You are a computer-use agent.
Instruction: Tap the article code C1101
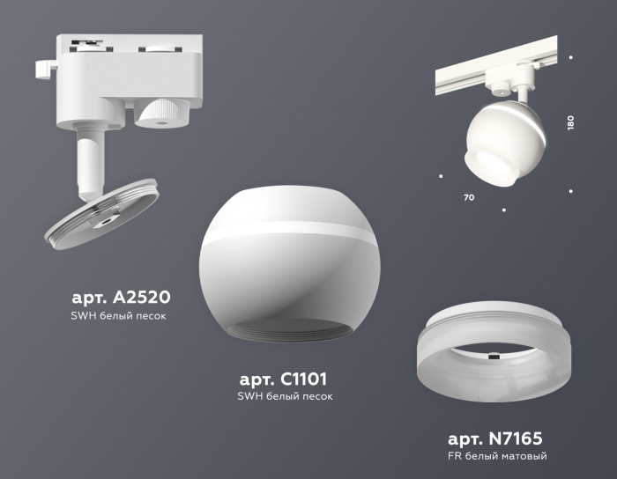(x=284, y=380)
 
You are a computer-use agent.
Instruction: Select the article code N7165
(x=494, y=438)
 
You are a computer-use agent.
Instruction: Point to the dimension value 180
(x=570, y=122)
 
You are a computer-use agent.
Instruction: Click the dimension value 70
(x=468, y=197)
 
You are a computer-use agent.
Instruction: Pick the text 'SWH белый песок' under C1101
(x=284, y=396)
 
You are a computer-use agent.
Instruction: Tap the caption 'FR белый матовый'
(x=498, y=456)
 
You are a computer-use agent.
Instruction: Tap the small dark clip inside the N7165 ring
(x=494, y=357)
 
